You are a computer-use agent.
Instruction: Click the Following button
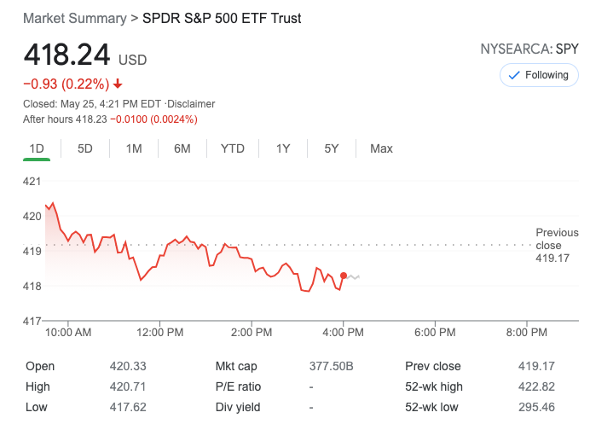pyautogui.click(x=539, y=75)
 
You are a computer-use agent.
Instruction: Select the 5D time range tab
pyautogui.click(x=85, y=148)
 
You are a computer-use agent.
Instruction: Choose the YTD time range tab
pyautogui.click(x=233, y=148)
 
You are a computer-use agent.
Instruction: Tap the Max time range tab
pyautogui.click(x=381, y=148)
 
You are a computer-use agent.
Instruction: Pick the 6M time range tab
pyautogui.click(x=182, y=148)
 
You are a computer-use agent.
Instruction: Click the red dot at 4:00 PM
pyautogui.click(x=344, y=276)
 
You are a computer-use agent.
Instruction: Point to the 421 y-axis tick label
pyautogui.click(x=32, y=181)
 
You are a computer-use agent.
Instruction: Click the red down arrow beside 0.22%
pyautogui.click(x=118, y=84)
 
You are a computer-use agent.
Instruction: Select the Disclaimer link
pyautogui.click(x=193, y=104)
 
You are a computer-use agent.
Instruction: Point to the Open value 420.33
pyautogui.click(x=128, y=366)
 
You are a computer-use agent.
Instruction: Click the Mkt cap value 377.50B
pyautogui.click(x=331, y=366)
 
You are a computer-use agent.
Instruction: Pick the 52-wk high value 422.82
pyautogui.click(x=536, y=386)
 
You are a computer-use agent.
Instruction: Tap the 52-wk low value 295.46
pyautogui.click(x=536, y=407)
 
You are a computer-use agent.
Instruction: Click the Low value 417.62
pyautogui.click(x=128, y=407)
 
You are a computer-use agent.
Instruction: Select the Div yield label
pyautogui.click(x=236, y=407)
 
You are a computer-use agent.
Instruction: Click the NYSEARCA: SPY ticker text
pyautogui.click(x=529, y=49)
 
